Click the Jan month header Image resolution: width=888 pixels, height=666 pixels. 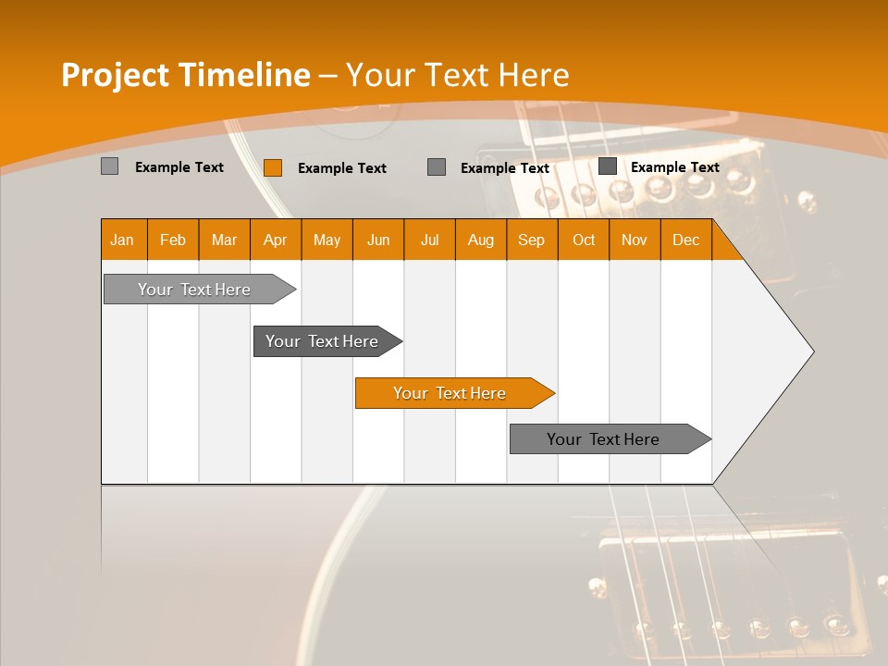click(x=122, y=240)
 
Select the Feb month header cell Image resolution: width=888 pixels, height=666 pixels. click(x=173, y=240)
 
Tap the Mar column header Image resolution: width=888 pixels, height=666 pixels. click(x=224, y=240)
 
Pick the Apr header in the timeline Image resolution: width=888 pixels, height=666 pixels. click(x=275, y=240)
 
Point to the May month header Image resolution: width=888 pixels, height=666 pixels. click(x=327, y=240)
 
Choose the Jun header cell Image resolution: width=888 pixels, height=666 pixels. click(x=378, y=240)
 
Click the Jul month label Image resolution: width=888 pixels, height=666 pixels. click(x=429, y=240)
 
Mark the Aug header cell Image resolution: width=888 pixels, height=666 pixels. click(x=480, y=240)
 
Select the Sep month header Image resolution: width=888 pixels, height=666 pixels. click(x=531, y=240)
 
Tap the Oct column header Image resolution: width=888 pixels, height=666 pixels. click(x=584, y=240)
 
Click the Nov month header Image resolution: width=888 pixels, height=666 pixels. click(x=635, y=240)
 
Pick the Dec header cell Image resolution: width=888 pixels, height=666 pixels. click(x=685, y=240)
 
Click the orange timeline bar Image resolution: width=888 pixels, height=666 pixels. click(x=450, y=393)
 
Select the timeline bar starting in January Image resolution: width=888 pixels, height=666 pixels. click(x=195, y=290)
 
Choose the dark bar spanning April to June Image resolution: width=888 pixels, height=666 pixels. click(x=323, y=341)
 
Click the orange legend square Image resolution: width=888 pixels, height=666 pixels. click(x=273, y=167)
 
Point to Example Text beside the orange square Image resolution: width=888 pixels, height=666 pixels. click(x=342, y=168)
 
